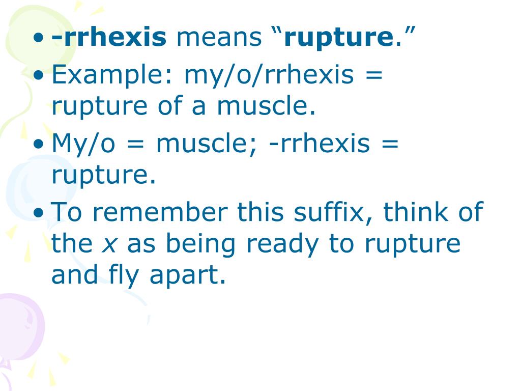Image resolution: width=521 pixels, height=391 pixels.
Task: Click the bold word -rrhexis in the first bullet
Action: tap(109, 37)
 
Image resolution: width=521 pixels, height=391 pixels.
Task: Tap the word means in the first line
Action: tap(219, 37)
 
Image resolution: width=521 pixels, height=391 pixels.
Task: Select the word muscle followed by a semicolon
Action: tap(207, 144)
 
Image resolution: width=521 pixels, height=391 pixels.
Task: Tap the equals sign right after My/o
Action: tap(136, 144)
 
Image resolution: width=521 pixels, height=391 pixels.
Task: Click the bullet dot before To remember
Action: tap(39, 213)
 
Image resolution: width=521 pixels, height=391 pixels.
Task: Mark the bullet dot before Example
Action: tap(39, 75)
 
